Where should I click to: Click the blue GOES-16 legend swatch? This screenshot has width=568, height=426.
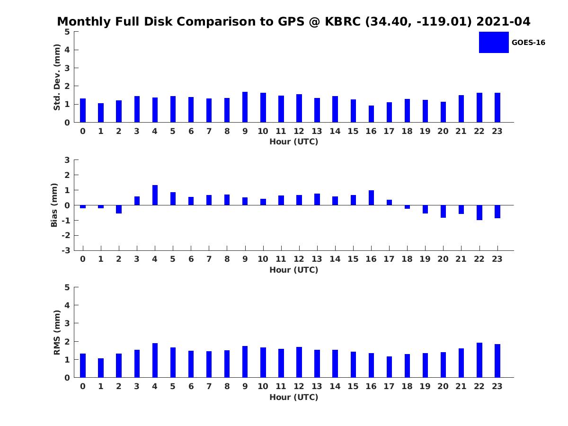(494, 42)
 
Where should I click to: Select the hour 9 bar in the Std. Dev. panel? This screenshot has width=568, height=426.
(245, 107)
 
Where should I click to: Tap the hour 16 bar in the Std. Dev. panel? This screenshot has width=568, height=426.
(371, 114)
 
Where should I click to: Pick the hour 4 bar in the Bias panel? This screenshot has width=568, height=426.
(155, 195)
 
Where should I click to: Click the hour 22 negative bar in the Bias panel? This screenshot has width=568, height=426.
(479, 213)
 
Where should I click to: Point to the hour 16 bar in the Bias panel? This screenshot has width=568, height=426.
(371, 198)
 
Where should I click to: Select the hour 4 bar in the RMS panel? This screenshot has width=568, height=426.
(155, 360)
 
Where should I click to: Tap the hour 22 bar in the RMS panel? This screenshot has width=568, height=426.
(479, 360)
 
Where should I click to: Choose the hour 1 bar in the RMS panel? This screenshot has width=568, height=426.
(101, 368)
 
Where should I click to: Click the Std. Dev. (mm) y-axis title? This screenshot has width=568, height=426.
(57, 77)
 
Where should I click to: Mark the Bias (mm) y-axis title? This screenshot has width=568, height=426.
(54, 205)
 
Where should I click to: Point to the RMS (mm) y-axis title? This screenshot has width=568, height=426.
(57, 332)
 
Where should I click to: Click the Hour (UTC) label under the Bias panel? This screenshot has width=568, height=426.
(293, 270)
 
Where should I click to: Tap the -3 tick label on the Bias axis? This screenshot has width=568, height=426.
(66, 250)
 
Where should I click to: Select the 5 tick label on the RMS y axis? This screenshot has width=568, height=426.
(67, 287)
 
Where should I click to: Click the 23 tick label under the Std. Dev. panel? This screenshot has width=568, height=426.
(497, 132)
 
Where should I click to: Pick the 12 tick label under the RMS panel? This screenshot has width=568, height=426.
(299, 386)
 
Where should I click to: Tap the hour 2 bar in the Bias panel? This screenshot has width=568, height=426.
(119, 209)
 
